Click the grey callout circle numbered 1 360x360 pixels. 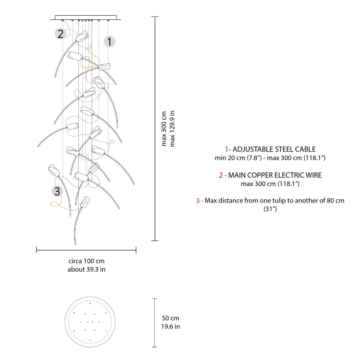click(x=109, y=42)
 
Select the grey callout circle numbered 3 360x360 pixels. click(x=57, y=191)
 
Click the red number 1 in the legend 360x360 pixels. click(x=227, y=149)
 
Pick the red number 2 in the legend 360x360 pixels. click(x=220, y=175)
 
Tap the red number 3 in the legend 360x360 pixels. click(x=198, y=200)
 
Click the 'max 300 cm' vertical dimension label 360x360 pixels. click(x=164, y=128)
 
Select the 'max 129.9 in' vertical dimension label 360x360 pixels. click(x=172, y=128)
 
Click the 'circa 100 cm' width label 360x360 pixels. click(x=86, y=261)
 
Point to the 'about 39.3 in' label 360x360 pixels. click(x=86, y=270)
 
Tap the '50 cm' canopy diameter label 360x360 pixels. click(x=171, y=319)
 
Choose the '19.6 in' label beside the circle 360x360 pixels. click(x=171, y=327)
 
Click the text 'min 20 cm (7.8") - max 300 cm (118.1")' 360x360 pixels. click(x=270, y=158)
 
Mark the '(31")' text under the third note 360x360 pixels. click(x=270, y=209)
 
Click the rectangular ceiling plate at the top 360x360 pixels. click(x=85, y=18)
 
